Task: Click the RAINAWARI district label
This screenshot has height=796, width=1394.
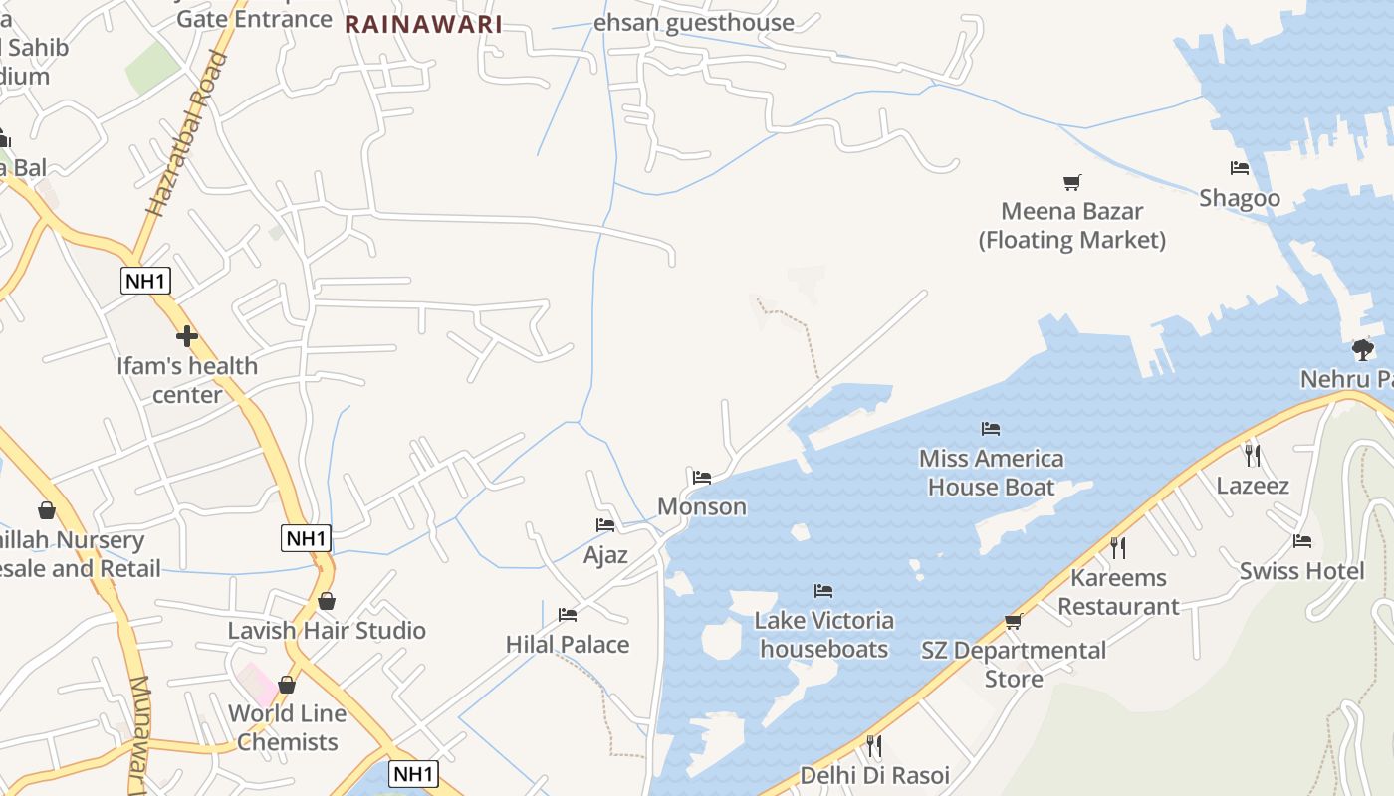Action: [423, 25]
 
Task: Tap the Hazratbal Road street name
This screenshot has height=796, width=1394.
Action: [186, 134]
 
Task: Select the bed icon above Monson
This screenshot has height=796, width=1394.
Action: [702, 478]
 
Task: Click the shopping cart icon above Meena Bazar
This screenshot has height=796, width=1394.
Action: [1071, 182]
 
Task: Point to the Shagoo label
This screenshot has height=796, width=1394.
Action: [1239, 197]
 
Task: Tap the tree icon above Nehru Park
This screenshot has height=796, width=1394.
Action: [1363, 349]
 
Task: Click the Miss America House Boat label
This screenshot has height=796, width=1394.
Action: [991, 473]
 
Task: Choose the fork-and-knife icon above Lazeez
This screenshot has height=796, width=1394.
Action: [1253, 456]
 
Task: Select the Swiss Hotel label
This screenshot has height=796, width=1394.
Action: [1301, 571]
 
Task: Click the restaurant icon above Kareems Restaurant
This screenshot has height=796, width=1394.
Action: [1118, 547]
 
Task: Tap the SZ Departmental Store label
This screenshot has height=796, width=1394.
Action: [1014, 665]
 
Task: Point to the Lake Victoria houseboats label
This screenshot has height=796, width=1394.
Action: [823, 635]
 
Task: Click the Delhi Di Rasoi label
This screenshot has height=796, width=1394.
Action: [874, 775]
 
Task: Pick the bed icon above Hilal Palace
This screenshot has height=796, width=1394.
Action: [568, 615]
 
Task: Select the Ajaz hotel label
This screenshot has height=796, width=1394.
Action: [605, 554]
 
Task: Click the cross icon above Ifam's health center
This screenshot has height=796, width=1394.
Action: [186, 335]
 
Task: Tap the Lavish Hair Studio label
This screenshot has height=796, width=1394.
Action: [327, 631]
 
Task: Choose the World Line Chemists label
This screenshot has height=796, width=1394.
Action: [288, 727]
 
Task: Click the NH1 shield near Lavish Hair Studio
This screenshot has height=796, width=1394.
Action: [306, 538]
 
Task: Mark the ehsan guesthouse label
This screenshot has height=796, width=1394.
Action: [693, 22]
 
